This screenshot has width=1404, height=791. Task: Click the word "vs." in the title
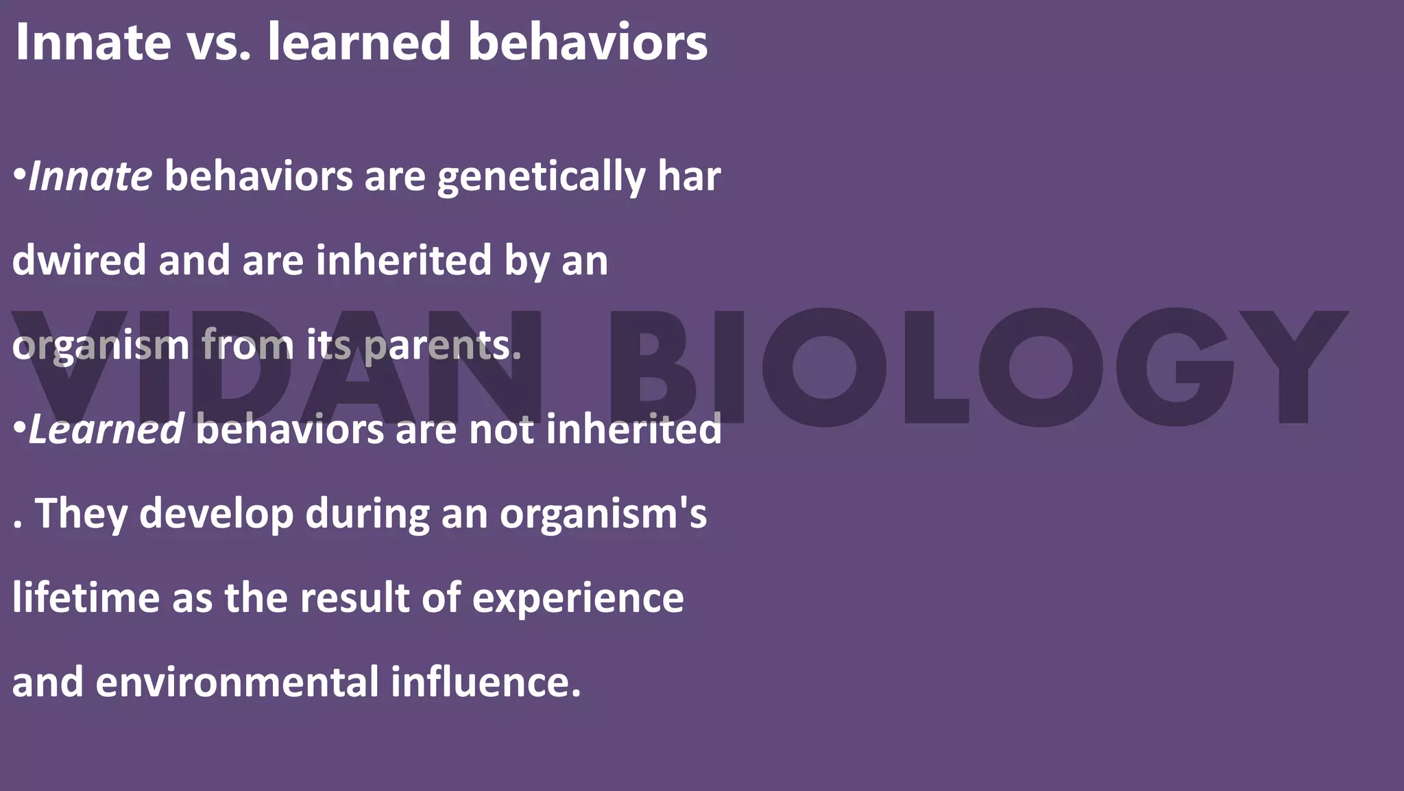218,43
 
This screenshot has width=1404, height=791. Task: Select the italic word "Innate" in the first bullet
90,176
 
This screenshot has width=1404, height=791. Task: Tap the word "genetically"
542,178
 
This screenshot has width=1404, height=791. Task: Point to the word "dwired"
79,261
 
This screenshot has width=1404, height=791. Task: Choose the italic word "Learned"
106,429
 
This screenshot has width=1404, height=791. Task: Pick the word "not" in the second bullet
501,429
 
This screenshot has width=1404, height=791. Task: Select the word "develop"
217,514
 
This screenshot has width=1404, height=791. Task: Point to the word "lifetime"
85,598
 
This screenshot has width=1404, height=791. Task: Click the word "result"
354,598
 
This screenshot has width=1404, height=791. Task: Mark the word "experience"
577,599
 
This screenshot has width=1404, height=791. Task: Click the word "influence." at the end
486,683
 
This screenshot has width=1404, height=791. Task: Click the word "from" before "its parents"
247,345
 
